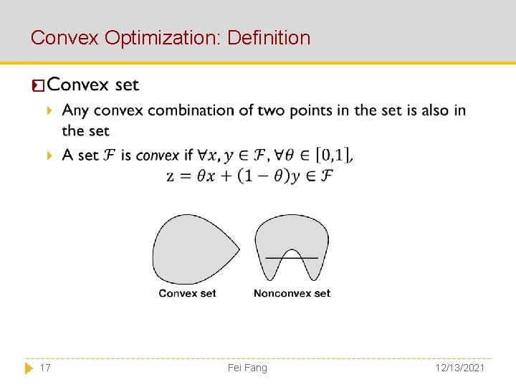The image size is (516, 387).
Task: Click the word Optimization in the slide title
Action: (x=163, y=38)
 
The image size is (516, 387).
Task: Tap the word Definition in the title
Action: (x=269, y=38)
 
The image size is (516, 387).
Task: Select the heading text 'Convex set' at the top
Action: (x=92, y=85)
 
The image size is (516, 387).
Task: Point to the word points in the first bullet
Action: (x=322, y=110)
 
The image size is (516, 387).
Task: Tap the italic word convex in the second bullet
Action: (x=157, y=155)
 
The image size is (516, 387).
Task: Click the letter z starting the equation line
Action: (x=171, y=176)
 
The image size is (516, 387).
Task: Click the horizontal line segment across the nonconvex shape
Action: (x=292, y=257)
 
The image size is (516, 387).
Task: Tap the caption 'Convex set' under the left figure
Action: (x=187, y=293)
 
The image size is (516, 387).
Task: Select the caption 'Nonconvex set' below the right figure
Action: (x=292, y=293)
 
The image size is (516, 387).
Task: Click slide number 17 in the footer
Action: (x=45, y=368)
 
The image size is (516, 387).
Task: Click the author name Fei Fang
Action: (x=247, y=368)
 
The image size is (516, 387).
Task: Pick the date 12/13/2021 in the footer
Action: (x=459, y=368)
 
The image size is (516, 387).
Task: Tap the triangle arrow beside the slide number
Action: (x=29, y=368)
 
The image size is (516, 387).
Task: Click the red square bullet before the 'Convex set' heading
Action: (x=38, y=87)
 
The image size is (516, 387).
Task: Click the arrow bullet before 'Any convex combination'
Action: (x=49, y=111)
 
